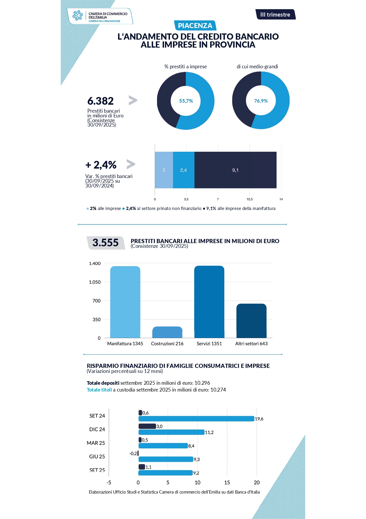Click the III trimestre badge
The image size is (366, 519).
click(275, 14)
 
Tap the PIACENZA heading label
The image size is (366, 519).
click(195, 26)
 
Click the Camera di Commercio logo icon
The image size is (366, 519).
click(78, 15)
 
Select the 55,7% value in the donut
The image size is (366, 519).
click(186, 101)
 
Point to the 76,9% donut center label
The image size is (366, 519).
click(261, 101)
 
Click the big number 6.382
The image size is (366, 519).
click(100, 101)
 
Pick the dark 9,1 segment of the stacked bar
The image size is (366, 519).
click(235, 170)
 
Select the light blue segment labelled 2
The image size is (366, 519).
click(164, 170)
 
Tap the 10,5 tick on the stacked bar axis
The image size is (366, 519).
click(249, 199)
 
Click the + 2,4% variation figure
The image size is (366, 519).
click(101, 165)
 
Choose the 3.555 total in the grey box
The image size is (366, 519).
click(105, 243)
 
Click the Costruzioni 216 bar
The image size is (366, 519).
click(167, 332)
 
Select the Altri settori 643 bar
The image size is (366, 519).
click(251, 321)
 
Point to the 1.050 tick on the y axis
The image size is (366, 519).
click(95, 282)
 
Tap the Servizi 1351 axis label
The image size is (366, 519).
click(209, 344)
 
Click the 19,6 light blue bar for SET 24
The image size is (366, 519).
click(196, 419)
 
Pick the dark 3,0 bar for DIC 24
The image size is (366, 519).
click(147, 426)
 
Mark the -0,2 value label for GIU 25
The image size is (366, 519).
click(133, 453)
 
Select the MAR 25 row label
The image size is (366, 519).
click(96, 443)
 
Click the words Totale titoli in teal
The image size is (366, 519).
click(99, 390)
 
